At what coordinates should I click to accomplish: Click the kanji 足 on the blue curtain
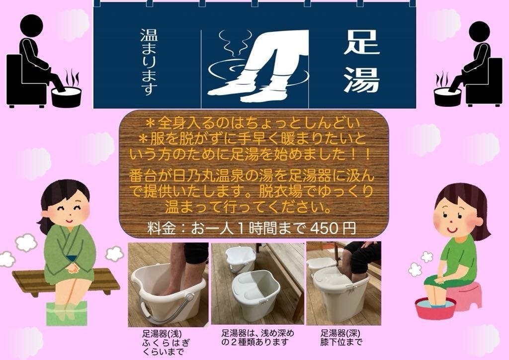tap(362, 42)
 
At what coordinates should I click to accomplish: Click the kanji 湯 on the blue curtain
tap(362, 80)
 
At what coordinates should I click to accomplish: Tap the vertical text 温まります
tap(149, 62)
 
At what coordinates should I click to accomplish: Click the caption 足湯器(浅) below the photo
tap(162, 334)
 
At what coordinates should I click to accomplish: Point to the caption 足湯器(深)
tap(340, 333)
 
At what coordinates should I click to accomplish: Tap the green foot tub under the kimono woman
tap(67, 313)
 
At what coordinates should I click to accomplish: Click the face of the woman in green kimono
tap(70, 208)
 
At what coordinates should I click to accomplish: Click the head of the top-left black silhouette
tap(31, 25)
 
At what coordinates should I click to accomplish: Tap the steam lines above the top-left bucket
tap(72, 77)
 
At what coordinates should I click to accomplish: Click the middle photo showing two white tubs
tap(257, 283)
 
